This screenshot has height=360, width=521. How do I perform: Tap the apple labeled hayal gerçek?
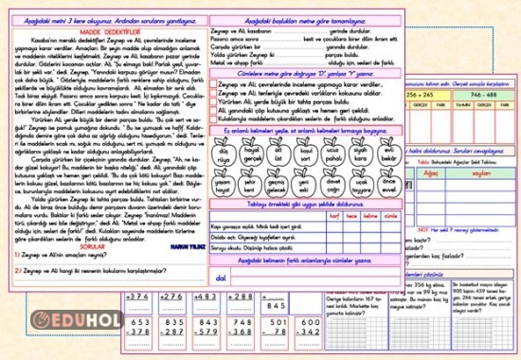tap(251, 154)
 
